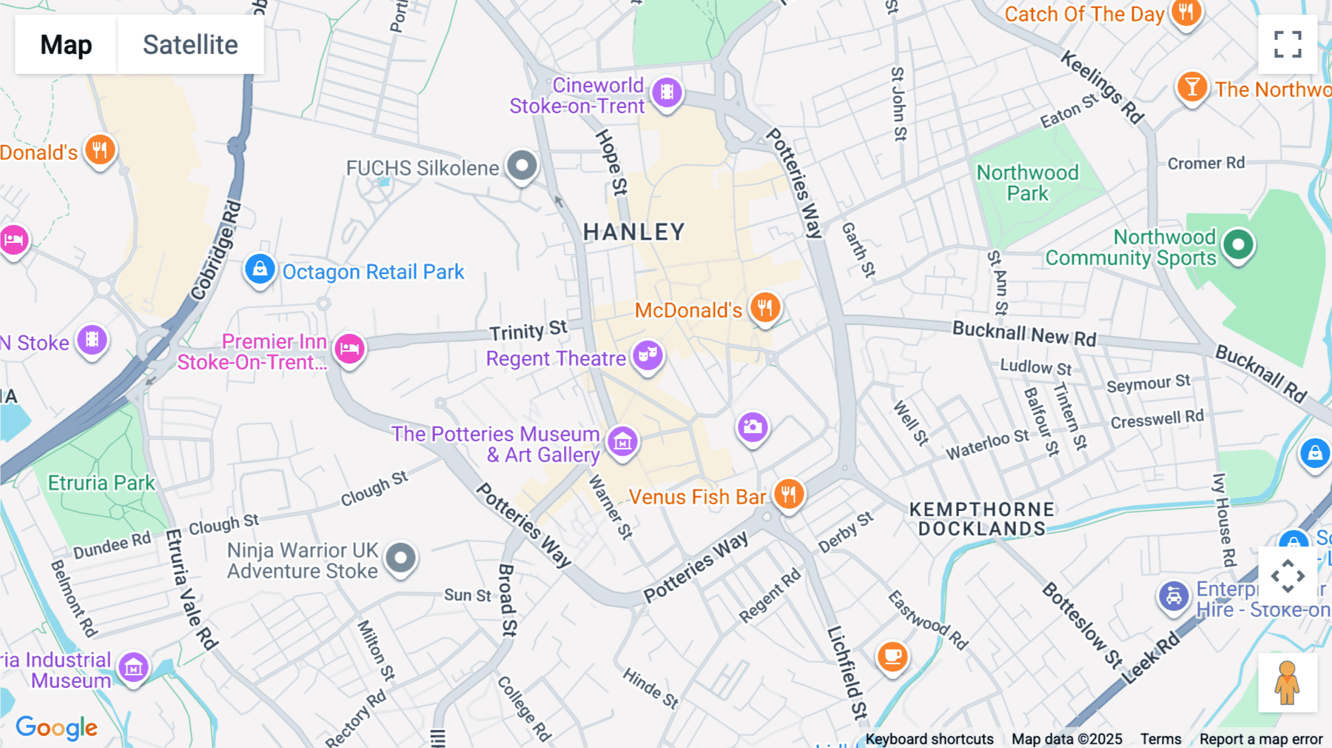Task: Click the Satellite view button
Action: pos(190,44)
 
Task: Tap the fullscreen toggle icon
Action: pos(1288,44)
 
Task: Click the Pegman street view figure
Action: pos(1287,683)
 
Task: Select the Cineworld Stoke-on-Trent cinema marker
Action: pos(667,93)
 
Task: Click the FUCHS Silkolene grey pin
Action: pos(522,165)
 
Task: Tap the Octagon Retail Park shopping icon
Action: pos(260,269)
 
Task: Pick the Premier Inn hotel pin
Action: pos(349,348)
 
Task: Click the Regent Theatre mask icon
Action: pos(647,355)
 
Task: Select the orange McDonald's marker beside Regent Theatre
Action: pos(765,307)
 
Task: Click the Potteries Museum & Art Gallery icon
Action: pos(622,441)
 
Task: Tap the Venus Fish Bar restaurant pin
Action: pos(789,493)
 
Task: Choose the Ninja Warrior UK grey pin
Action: pos(401,557)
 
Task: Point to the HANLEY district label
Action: pos(633,233)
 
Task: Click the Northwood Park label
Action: pos(1027,183)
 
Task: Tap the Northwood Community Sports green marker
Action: pos(1238,244)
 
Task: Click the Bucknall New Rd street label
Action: pos(1023,333)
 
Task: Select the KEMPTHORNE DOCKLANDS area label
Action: pos(982,519)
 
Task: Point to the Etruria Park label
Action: pos(101,483)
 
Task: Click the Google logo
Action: pos(56,727)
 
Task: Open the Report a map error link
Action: pos(1260,739)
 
